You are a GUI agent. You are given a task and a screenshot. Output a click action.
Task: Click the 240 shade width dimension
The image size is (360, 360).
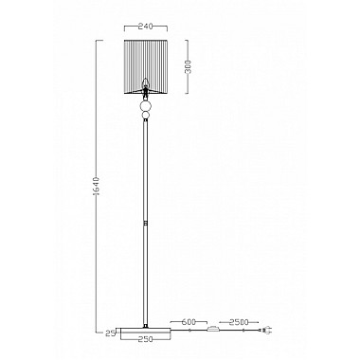coord(146,27)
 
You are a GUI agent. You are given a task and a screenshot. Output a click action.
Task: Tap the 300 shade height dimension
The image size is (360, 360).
coord(189,66)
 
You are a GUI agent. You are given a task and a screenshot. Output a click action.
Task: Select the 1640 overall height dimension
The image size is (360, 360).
coord(98,187)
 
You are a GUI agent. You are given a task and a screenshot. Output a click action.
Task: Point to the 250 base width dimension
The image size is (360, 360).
coord(145,339)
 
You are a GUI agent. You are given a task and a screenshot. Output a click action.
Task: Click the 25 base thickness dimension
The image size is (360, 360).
coord(109,333)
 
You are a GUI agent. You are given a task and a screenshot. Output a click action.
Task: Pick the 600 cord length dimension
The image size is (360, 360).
coord(189,322)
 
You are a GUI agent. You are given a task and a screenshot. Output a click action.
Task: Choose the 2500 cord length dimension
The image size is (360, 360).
coord(239,322)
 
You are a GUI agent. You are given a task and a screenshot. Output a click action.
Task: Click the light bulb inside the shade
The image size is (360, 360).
coord(145,82)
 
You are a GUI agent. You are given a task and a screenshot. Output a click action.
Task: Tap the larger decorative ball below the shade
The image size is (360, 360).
coord(146,105)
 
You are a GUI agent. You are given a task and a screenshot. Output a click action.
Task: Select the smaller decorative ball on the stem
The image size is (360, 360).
coord(146,116)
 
